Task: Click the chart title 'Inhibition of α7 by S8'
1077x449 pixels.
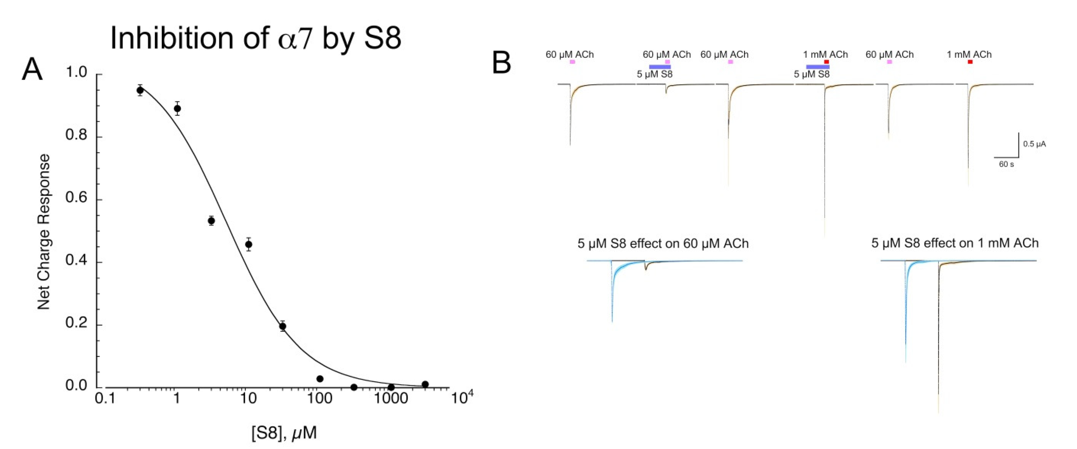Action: coord(255,38)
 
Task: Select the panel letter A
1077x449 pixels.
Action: coord(32,70)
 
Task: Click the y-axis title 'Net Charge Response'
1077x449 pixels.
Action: coord(43,232)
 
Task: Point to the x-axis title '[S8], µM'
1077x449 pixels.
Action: coord(284,433)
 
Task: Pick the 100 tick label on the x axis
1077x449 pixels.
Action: coord(320,398)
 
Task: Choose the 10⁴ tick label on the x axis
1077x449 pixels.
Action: coord(461,397)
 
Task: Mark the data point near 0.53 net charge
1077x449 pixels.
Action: coord(211,221)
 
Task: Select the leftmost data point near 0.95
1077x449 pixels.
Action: coord(140,90)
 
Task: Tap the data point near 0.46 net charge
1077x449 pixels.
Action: coord(248,244)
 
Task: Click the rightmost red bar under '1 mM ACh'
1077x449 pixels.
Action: coord(970,62)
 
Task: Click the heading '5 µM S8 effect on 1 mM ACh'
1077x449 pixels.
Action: coord(955,243)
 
